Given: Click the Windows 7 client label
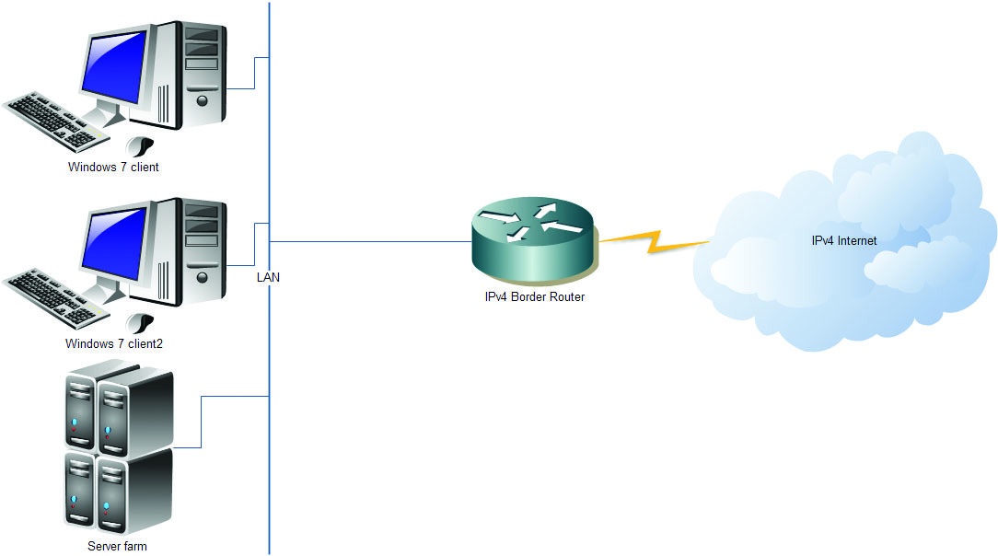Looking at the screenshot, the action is [113, 168].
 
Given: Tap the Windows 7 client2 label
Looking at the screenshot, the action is [114, 344].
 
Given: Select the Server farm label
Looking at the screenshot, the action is [117, 547].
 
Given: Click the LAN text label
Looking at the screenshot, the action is [268, 277].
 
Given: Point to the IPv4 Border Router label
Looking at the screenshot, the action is [535, 297].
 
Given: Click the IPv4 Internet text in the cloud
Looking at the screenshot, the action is [844, 241].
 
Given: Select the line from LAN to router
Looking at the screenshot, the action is [370, 242].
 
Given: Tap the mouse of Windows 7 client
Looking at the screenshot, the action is [139, 146].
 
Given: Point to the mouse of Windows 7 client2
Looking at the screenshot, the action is [139, 323].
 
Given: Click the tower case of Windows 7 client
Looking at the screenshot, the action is [190, 75].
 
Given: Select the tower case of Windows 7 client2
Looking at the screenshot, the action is [190, 251].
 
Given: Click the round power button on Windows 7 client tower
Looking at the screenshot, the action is [203, 100].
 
